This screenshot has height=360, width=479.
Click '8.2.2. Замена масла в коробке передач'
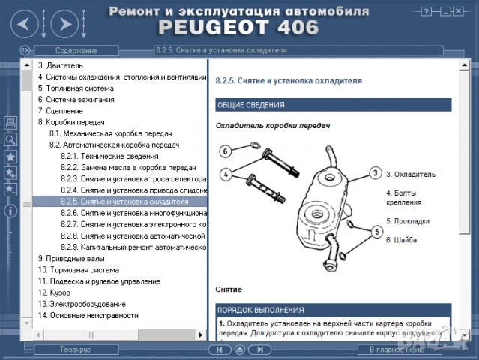point(127,168)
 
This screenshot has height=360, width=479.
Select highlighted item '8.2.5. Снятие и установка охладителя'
point(124,202)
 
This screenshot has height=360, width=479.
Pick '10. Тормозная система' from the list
point(78,270)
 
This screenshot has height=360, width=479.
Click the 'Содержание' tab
point(76,51)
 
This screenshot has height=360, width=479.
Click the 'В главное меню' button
point(397,349)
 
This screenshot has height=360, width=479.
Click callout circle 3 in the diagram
point(374,173)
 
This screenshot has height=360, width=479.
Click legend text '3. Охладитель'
point(410,174)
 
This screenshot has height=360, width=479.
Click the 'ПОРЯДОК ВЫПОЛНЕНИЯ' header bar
point(260,309)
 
